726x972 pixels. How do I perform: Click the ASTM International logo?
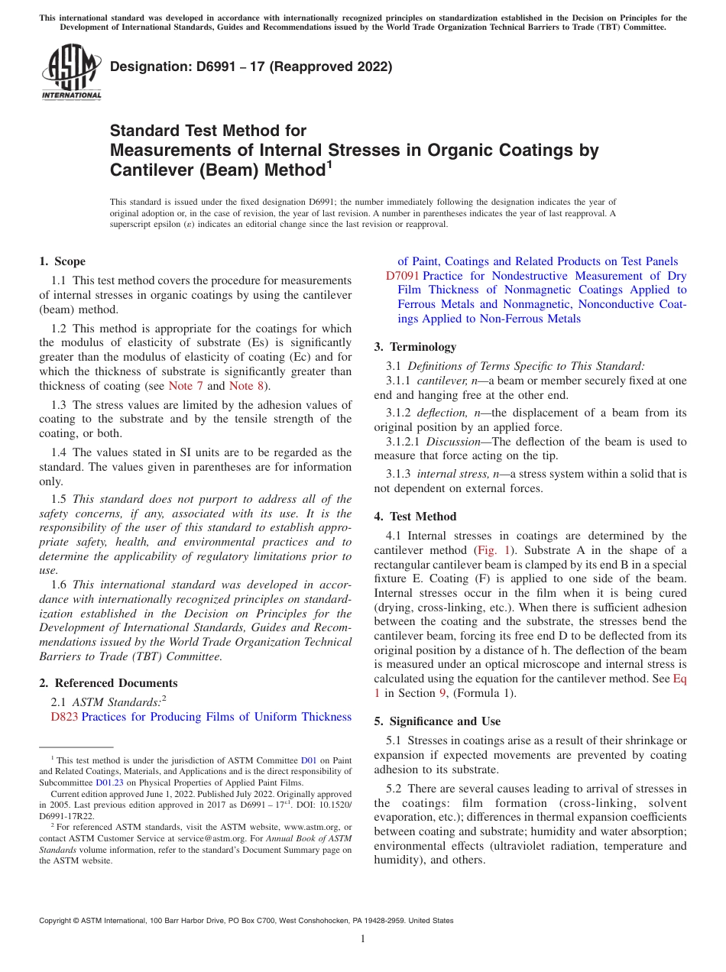tap(71, 72)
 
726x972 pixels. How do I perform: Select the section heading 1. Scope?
tap(63, 261)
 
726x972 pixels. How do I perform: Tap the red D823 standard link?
tap(64, 717)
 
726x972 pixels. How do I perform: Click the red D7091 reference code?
tap(402, 276)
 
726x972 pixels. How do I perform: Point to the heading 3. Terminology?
tap(423, 347)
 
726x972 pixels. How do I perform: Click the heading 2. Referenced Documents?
tap(108, 683)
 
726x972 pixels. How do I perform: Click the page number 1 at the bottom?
tap(363, 939)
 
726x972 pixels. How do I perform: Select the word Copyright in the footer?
tap(57, 921)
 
